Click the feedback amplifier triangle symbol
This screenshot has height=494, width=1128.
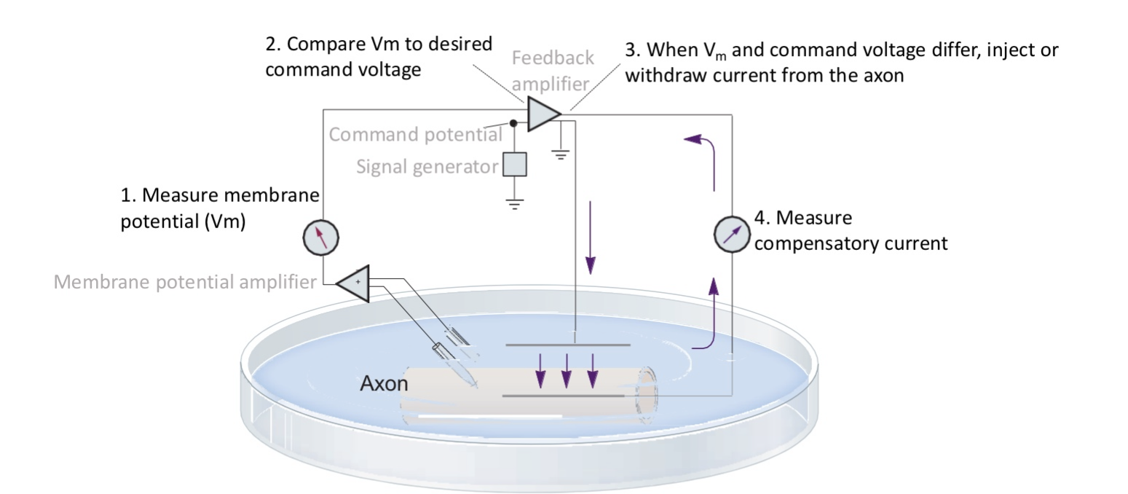point(542,115)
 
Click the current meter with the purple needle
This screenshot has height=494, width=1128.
point(730,235)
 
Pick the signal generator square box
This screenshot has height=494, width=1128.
point(515,165)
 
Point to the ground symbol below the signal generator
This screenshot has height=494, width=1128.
point(515,203)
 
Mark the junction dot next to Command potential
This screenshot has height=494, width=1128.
point(513,124)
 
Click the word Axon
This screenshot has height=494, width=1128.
point(384,383)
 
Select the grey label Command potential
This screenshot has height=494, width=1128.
point(415,135)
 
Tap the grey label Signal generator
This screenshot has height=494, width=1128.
point(427,167)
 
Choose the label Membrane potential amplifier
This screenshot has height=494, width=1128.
point(184,282)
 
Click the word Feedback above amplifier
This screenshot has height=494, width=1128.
point(553,58)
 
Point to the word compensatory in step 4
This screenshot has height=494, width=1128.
point(816,243)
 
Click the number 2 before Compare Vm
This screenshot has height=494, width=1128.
point(271,44)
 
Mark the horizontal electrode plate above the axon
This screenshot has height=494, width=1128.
point(567,344)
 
